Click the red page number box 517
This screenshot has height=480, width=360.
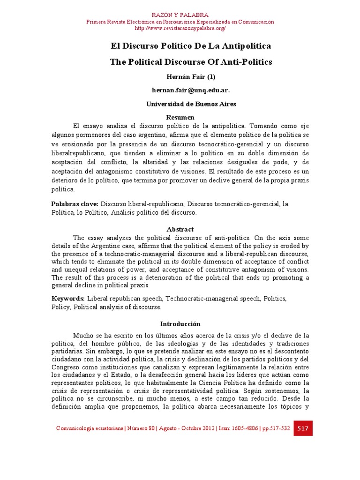click(x=303, y=428)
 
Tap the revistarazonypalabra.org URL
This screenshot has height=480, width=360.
click(x=180, y=29)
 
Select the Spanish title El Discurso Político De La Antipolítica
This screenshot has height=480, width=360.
click(x=191, y=46)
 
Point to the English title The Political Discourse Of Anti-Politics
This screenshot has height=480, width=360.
click(x=191, y=62)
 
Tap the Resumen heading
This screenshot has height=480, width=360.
click(x=180, y=117)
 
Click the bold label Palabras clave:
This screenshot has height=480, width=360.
click(x=75, y=204)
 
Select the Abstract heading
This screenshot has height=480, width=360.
click(x=180, y=229)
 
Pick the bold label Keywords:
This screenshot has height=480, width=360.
click(x=68, y=298)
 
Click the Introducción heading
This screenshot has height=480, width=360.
click(x=180, y=324)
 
